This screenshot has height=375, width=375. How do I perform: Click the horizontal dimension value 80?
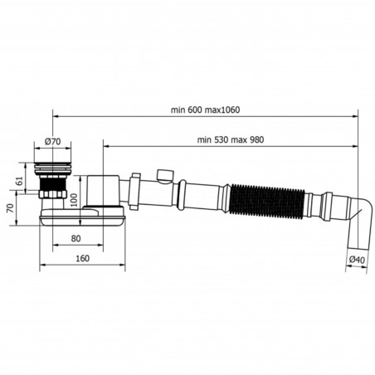tap(76, 240)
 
